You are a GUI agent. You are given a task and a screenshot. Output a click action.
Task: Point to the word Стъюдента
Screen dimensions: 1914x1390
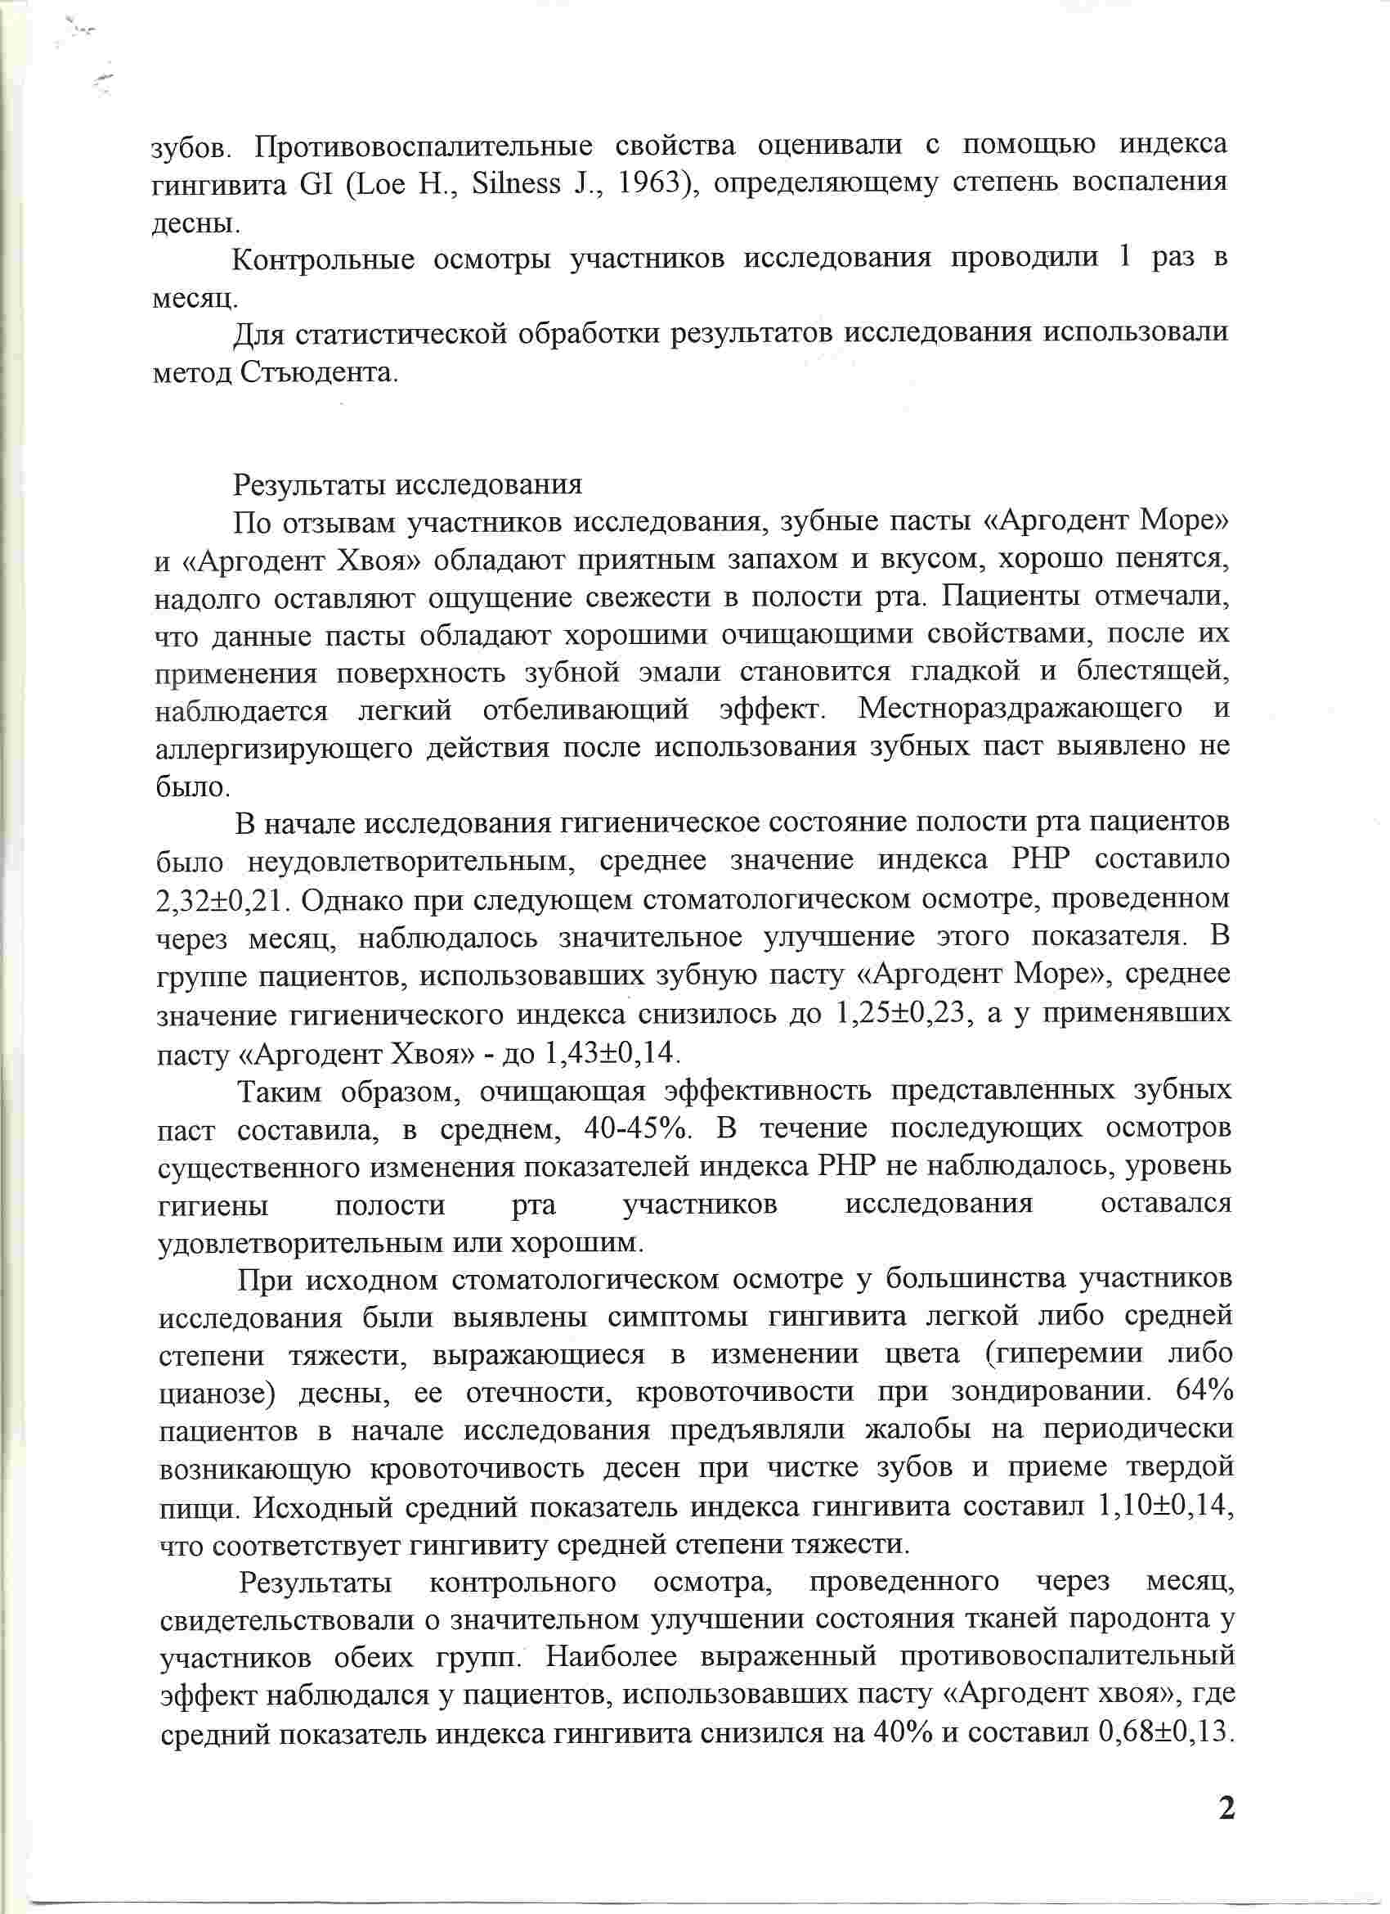pyautogui.click(x=319, y=372)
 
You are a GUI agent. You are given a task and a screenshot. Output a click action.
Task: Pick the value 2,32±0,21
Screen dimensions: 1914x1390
pyautogui.click(x=222, y=901)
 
